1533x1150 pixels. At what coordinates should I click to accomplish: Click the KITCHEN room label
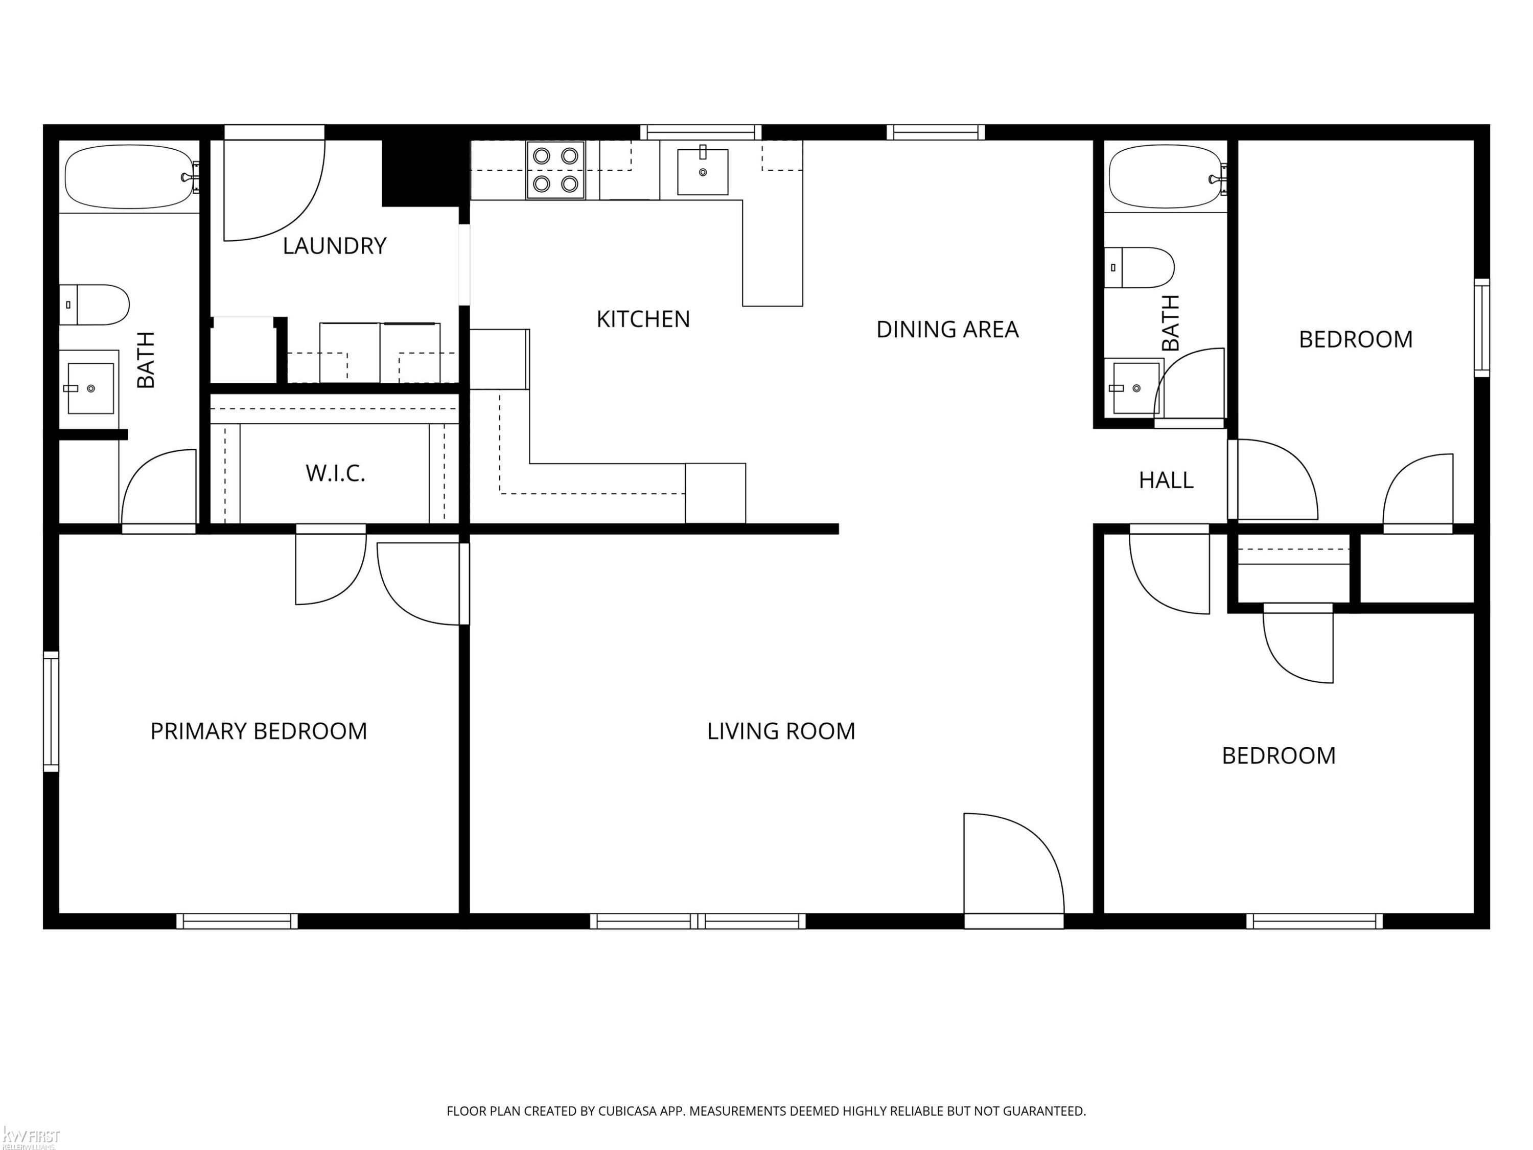643,319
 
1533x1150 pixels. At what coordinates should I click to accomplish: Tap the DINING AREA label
947,329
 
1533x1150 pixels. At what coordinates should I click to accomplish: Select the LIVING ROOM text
781,731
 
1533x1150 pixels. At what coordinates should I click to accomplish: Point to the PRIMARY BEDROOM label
259,731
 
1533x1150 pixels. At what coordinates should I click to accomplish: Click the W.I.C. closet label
335,473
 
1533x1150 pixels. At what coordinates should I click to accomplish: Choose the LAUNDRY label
334,246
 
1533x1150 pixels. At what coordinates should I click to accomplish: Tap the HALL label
1166,480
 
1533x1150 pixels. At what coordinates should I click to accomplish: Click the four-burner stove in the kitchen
555,170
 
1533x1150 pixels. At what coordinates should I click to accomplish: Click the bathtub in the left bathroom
130,177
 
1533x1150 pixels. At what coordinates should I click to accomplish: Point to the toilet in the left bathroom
94,305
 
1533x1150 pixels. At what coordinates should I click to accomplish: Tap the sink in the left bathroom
89,388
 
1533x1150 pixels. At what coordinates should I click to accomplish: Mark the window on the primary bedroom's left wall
51,711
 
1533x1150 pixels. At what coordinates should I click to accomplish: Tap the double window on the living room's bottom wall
698,921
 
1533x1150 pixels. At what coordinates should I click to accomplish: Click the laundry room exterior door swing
274,183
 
